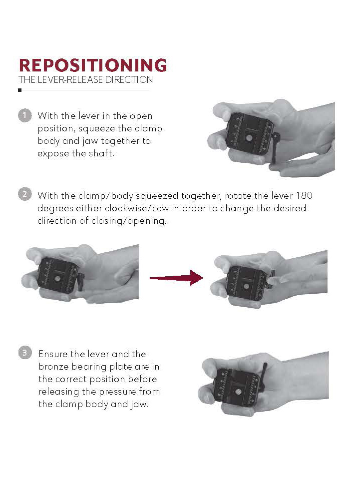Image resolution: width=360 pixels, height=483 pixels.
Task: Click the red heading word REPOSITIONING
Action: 92,65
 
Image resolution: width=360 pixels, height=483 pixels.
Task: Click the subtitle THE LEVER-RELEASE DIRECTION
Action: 85,80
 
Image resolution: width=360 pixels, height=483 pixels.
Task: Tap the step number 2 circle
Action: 24,194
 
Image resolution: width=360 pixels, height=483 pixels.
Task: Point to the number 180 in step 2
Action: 305,195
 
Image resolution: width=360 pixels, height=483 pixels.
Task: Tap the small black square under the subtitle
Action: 20,90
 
